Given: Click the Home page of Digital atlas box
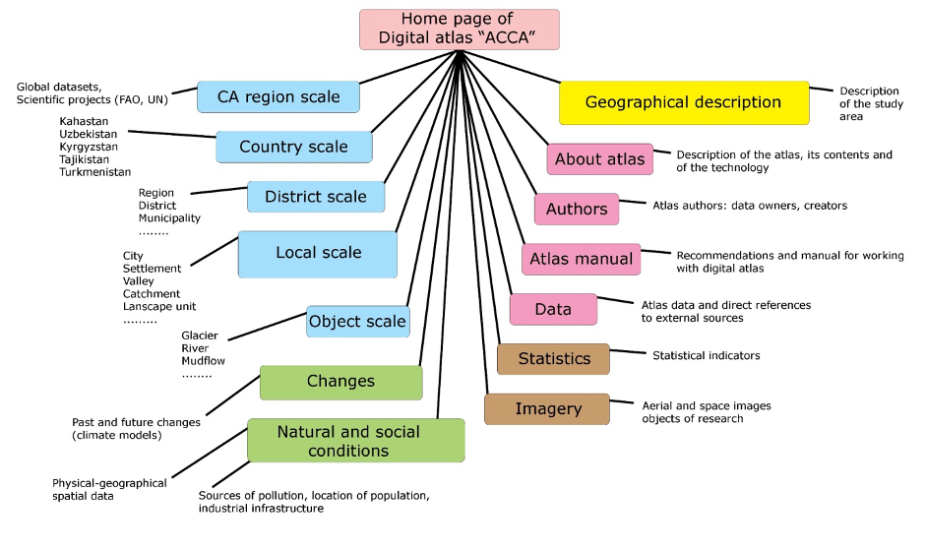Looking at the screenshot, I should coord(459,30).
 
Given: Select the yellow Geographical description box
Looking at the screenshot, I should coord(684,102).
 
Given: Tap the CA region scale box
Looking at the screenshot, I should coord(278,96).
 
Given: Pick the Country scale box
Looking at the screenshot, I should coord(294,147).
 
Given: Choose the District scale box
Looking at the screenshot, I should coord(316,197).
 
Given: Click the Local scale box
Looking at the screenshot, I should coord(318,254).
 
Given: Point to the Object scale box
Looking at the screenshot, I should coord(356,322).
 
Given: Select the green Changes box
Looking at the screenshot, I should coord(340,382).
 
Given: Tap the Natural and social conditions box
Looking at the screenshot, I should coord(355,441).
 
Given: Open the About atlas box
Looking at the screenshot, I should coord(599,159).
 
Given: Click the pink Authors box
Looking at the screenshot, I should coord(577,209).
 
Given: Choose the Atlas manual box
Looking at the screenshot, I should coord(581,260).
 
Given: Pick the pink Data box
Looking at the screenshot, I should coord(553,309).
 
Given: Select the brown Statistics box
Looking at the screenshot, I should coord(553,359).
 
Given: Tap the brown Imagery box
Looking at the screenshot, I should coord(548,409).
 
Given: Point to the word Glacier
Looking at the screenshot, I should coord(200,336).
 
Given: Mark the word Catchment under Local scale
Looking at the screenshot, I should coord(152,293).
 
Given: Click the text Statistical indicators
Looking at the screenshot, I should coord(707,355).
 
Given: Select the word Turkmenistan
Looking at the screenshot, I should coord(94,172).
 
